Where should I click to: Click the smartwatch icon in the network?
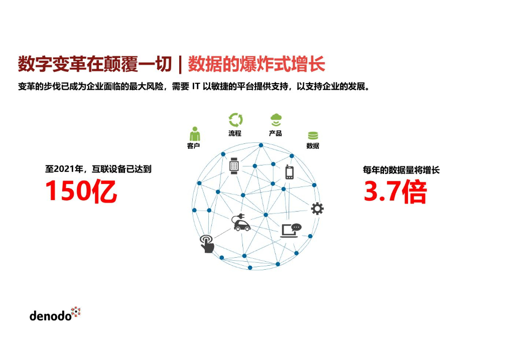[x=234, y=165]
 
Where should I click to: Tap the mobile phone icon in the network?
[x=289, y=172]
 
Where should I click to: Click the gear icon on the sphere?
[x=317, y=209]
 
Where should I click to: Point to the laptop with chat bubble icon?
[x=291, y=230]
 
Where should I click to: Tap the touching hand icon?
[x=207, y=244]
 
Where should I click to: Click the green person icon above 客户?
[x=194, y=134]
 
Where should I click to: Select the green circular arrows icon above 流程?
[x=235, y=120]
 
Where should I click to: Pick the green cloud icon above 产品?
[x=276, y=120]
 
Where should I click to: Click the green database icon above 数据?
[x=313, y=135]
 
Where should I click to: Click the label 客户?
[x=194, y=146]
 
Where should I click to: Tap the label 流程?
[x=235, y=133]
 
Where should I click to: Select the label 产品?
[x=276, y=133]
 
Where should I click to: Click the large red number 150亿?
[x=81, y=191]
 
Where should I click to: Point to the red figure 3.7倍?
[x=395, y=192]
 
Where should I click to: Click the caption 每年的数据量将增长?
[x=401, y=170]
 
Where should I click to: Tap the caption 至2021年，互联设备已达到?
[x=98, y=169]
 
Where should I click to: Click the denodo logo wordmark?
[x=51, y=316]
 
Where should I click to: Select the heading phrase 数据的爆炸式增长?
[x=256, y=64]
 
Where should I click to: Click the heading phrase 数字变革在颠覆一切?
[x=95, y=64]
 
